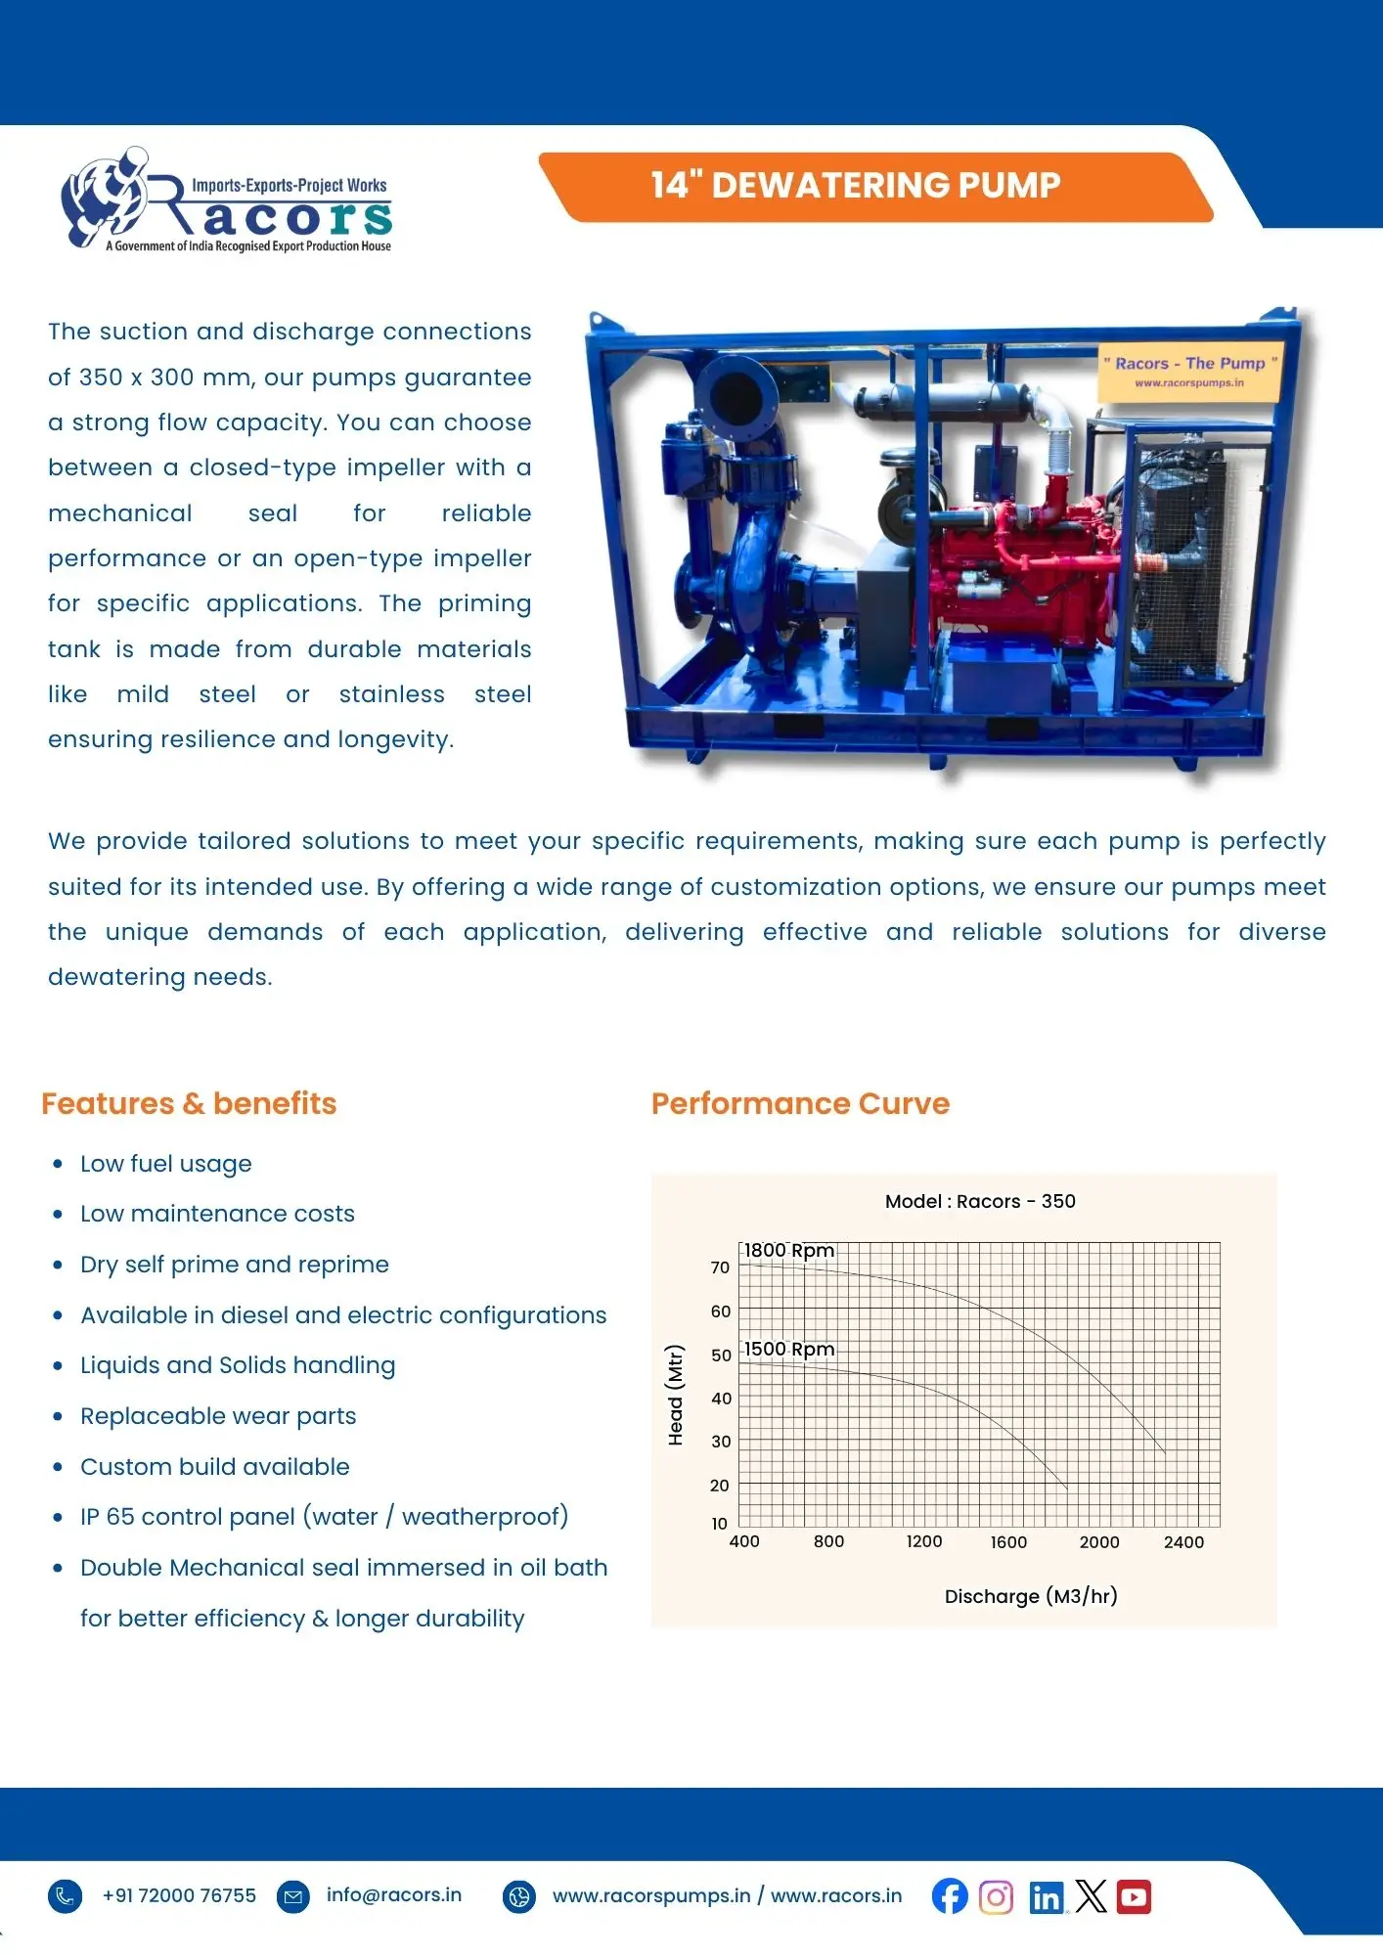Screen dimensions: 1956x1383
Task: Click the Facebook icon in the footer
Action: coord(949,1896)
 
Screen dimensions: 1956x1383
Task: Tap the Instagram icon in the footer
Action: coord(996,1897)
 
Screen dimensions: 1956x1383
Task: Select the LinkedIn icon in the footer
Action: coord(1045,1897)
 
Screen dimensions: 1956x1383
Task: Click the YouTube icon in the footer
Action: coord(1134,1896)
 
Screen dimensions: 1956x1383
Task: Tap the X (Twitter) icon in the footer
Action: coord(1091,1896)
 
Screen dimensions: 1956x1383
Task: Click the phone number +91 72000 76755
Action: coord(179,1895)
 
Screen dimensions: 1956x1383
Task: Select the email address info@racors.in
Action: coord(393,1894)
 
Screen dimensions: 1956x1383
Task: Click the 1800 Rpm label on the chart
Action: coord(788,1250)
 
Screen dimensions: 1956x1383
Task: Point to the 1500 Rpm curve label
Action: coord(788,1349)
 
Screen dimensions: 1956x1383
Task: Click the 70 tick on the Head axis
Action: coord(720,1267)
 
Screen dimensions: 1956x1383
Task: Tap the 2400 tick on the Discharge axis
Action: coord(1183,1542)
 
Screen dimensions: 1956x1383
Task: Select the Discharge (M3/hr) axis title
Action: coord(1031,1596)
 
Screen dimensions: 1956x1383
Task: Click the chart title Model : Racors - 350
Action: coord(980,1201)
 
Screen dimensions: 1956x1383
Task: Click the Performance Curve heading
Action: coord(800,1103)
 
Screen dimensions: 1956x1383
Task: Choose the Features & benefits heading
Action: coord(189,1103)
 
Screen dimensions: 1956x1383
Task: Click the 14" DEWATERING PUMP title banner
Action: coord(856,185)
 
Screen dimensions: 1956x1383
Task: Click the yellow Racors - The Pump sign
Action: coord(1189,371)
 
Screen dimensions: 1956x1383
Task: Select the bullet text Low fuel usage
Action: coord(166,1164)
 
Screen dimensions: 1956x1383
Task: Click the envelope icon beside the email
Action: coord(292,1896)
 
